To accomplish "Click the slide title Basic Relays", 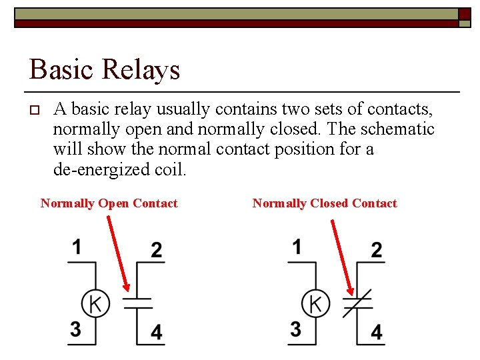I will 105,69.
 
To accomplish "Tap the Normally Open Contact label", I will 109,203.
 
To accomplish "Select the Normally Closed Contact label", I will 325,203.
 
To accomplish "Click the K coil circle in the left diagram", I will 95,304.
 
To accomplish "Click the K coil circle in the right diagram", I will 315,304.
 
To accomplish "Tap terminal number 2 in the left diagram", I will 156,250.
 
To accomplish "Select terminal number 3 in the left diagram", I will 76,329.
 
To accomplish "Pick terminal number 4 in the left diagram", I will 156,332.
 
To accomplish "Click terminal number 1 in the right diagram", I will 297,247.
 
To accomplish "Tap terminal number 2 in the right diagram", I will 377,250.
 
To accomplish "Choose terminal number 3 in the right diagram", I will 296,329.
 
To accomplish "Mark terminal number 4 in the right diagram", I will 377,332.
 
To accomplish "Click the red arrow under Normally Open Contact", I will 118,253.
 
